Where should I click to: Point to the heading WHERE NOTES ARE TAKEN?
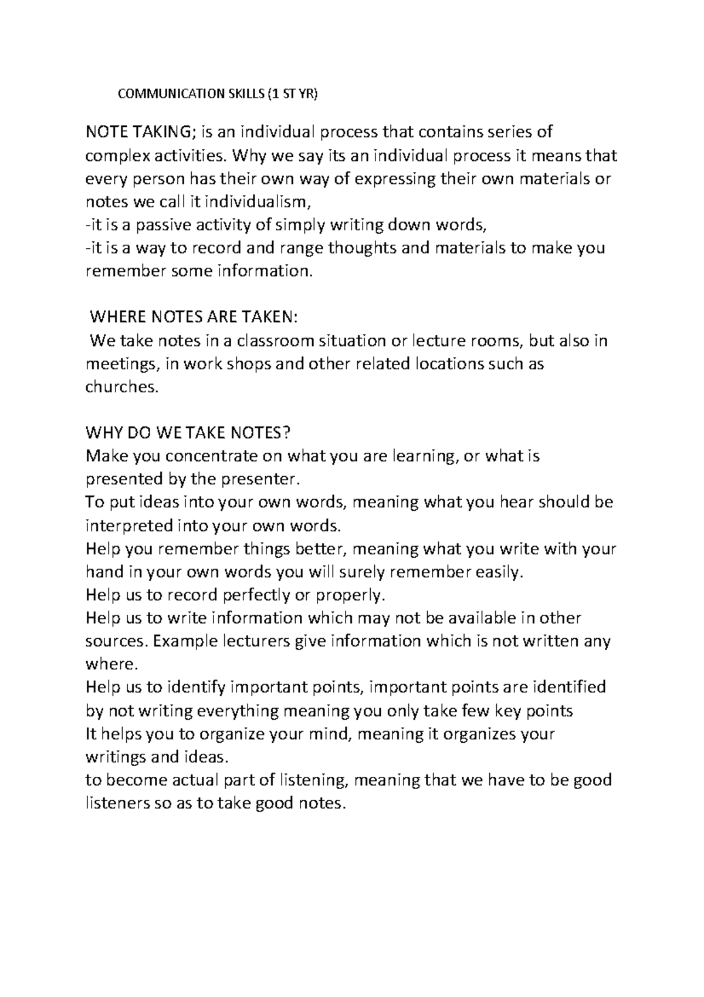(x=194, y=318)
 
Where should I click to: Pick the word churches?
(x=121, y=388)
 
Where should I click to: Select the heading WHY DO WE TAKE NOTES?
(x=188, y=433)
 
